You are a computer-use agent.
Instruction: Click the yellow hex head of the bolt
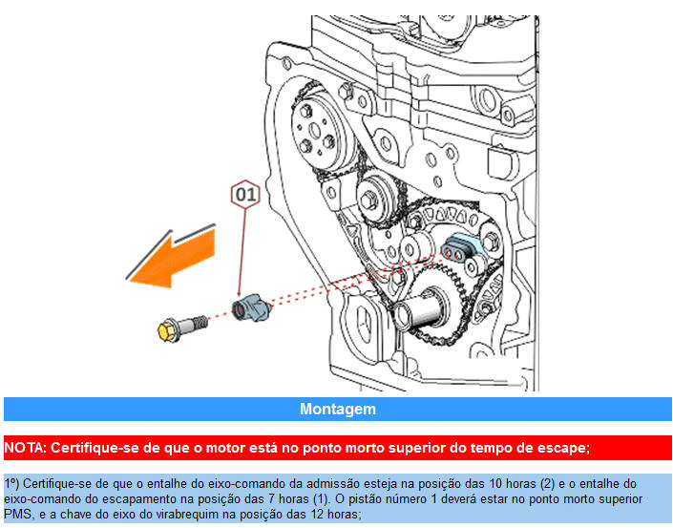pos(169,330)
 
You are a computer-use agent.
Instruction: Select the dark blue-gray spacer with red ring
pos(251,307)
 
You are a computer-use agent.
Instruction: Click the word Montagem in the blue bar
pos(338,409)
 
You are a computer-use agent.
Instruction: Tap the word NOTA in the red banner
pos(24,447)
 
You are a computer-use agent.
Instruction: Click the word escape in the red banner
pos(564,447)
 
